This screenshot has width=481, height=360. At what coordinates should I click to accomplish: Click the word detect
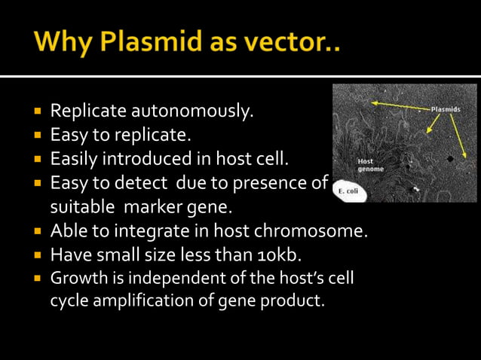coord(136,183)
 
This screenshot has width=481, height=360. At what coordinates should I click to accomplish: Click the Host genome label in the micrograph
coord(369,165)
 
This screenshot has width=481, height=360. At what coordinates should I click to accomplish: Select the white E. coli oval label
coord(348,192)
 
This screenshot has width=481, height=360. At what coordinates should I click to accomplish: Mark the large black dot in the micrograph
coord(450,160)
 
